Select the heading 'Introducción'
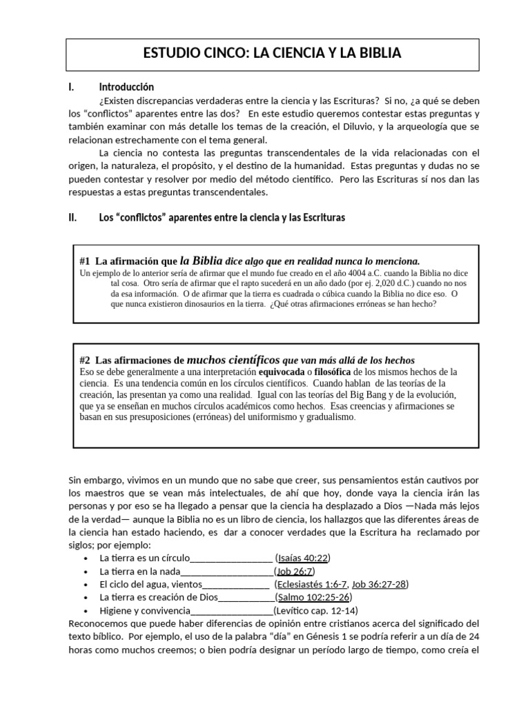coord(126,88)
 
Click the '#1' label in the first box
coord(86,261)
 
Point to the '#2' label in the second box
coord(86,360)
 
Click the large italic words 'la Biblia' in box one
coord(201,261)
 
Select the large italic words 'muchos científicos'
coord(233,359)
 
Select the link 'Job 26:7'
coord(295,572)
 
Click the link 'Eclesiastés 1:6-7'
coord(312,585)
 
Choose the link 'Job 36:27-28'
coord(380,585)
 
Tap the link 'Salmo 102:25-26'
coord(314,598)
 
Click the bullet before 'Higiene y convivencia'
coord(84,612)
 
